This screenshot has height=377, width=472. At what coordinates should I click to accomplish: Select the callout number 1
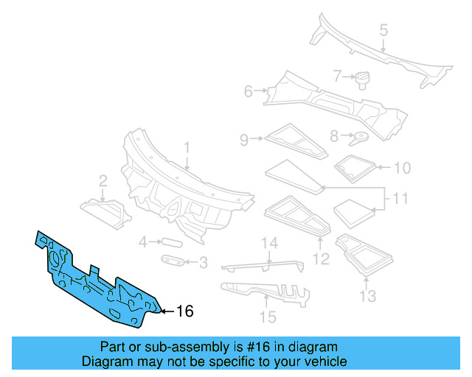pyautogui.click(x=187, y=148)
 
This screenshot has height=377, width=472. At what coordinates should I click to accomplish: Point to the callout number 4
pyautogui.click(x=383, y=30)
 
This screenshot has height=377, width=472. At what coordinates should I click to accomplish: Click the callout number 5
pyautogui.click(x=249, y=91)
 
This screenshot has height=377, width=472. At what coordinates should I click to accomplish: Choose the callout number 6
pyautogui.click(x=337, y=75)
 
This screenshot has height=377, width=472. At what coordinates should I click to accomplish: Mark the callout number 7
pyautogui.click(x=333, y=135)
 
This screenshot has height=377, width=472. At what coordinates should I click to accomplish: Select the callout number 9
pyautogui.click(x=401, y=168)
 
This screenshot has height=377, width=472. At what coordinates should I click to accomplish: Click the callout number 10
pyautogui.click(x=400, y=199)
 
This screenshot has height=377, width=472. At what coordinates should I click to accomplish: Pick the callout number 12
pyautogui.click(x=367, y=296)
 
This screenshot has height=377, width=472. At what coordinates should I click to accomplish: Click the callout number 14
pyautogui.click(x=267, y=317)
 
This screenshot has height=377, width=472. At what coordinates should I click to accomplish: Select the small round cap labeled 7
pyautogui.click(x=170, y=242)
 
